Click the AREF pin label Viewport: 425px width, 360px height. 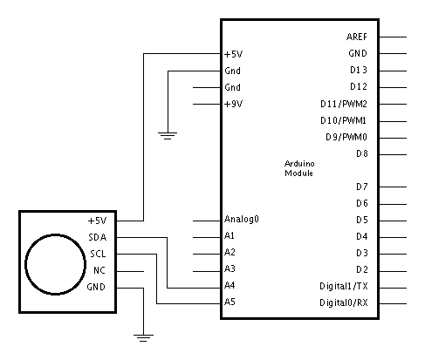click(x=357, y=37)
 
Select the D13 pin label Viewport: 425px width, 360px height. click(x=359, y=70)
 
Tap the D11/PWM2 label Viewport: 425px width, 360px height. click(x=344, y=104)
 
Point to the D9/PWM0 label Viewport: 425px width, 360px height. click(x=346, y=137)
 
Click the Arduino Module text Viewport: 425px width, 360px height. click(x=299, y=168)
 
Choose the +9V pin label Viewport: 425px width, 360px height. click(x=233, y=104)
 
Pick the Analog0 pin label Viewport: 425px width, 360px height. click(x=242, y=219)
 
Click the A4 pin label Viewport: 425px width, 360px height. click(x=230, y=286)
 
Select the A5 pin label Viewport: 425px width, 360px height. click(x=230, y=302)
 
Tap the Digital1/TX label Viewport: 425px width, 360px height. click(x=344, y=287)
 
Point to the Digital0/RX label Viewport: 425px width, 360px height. click(x=344, y=303)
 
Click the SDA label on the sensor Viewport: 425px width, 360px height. click(x=98, y=237)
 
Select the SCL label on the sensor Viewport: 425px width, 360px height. click(x=98, y=254)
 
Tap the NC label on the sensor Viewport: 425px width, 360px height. click(x=99, y=270)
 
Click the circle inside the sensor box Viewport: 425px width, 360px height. click(x=55, y=234)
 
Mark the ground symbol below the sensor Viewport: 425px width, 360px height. click(x=143, y=338)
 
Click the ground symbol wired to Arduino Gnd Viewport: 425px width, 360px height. click(x=168, y=136)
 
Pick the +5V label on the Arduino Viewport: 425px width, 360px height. click(x=233, y=54)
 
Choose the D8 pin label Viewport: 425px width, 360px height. click(x=362, y=153)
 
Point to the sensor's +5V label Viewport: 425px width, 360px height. click(x=97, y=221)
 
